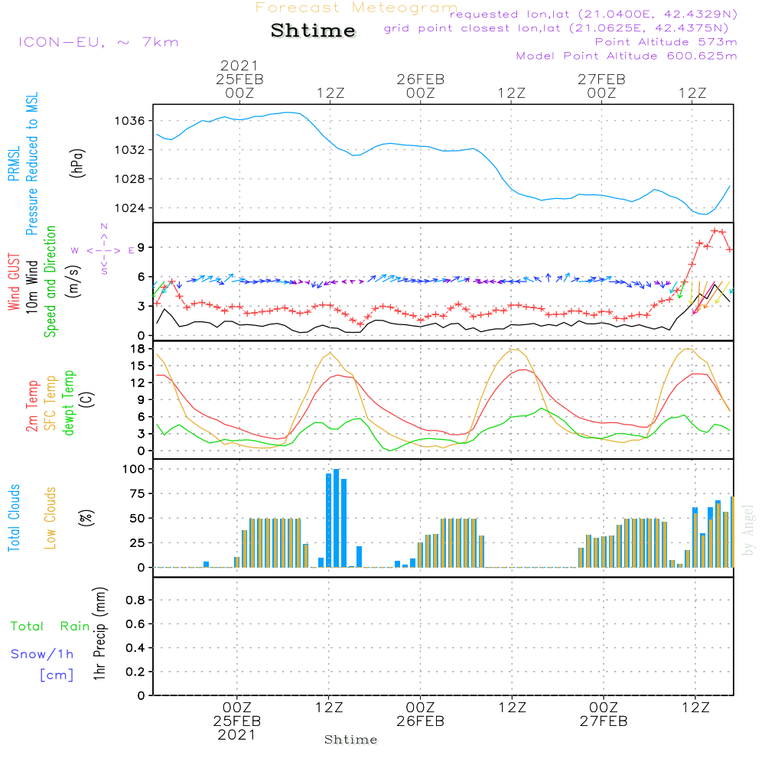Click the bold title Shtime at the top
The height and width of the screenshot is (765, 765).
(313, 31)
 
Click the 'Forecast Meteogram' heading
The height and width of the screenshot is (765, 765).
(356, 8)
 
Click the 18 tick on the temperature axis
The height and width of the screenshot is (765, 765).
(138, 349)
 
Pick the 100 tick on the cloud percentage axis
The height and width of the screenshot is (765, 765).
(134, 469)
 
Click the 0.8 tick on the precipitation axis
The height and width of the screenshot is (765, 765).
(135, 601)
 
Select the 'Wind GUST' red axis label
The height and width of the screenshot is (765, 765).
(14, 284)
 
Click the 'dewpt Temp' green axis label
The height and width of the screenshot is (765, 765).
(69, 403)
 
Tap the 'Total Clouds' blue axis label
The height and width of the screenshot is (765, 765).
(14, 518)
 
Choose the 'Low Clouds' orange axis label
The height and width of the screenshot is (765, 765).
(50, 518)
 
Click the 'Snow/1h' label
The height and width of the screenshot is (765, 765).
(42, 654)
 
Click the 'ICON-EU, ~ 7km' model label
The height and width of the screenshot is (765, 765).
(98, 42)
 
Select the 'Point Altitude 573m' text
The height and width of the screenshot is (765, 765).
(666, 42)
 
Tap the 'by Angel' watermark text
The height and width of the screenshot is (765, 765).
(748, 531)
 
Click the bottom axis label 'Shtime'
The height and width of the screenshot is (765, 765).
(351, 740)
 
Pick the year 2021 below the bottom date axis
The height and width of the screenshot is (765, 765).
(237, 735)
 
